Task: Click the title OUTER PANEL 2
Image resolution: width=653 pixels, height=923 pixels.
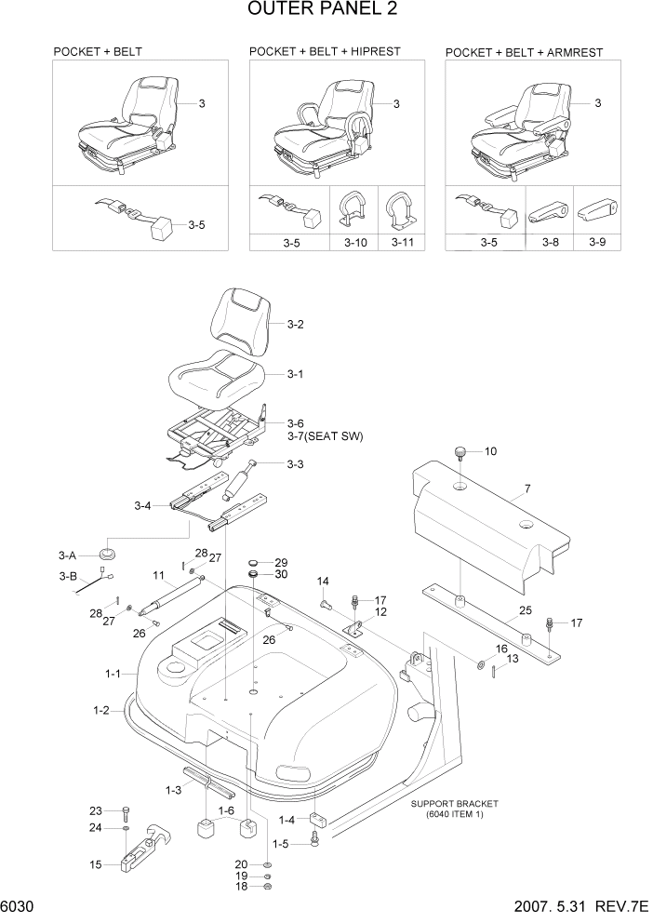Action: tap(326, 12)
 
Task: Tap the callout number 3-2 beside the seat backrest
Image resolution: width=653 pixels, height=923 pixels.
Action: tap(296, 325)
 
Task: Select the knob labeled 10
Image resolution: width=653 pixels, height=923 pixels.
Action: tap(460, 453)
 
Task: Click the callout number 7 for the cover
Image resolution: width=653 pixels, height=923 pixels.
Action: tap(527, 488)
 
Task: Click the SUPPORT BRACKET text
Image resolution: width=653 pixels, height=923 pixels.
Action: tap(454, 803)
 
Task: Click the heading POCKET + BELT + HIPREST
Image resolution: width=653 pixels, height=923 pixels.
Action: tap(325, 51)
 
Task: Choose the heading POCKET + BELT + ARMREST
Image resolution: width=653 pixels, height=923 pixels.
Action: tap(524, 52)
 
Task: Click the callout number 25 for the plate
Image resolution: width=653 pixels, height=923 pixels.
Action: tap(525, 611)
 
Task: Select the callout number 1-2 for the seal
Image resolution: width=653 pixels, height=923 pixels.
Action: tap(100, 711)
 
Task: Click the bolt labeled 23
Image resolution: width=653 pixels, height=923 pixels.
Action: tap(126, 810)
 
